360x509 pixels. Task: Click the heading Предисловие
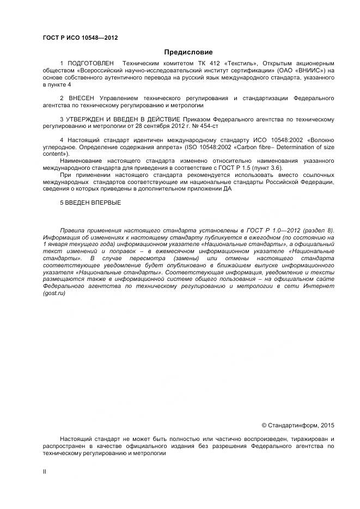pyautogui.click(x=181, y=52)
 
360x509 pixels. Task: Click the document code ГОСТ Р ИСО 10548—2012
pyautogui.click(x=80, y=37)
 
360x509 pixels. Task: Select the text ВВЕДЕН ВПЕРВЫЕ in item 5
pyautogui.click(x=94, y=203)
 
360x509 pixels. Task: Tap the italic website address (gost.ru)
pyautogui.click(x=53, y=294)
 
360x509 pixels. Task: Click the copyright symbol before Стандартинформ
pyautogui.click(x=264, y=425)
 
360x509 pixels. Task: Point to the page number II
pyautogui.click(x=45, y=472)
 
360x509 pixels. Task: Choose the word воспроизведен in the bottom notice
pyautogui.click(x=248, y=439)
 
